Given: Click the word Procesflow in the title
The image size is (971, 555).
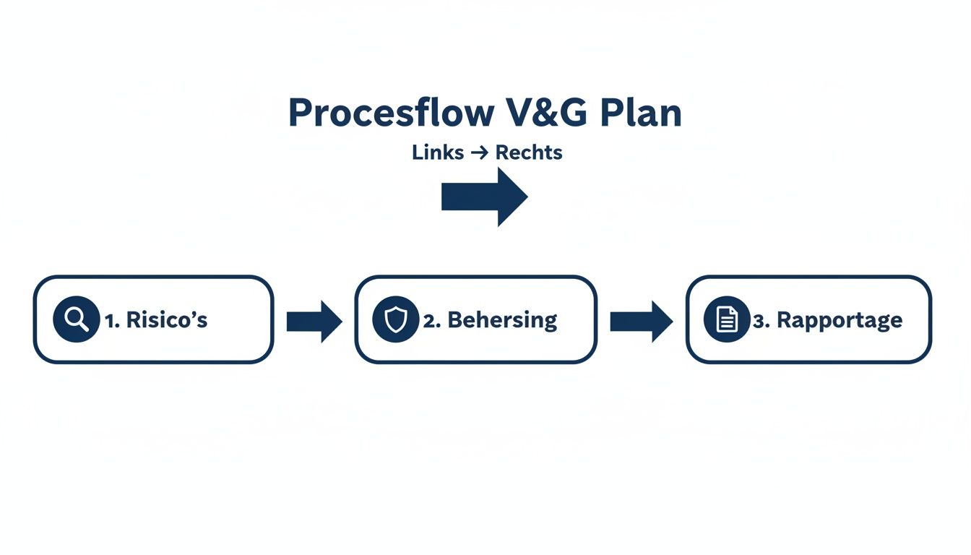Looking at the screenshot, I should pyautogui.click(x=391, y=113).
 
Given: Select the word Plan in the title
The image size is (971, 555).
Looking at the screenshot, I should pyautogui.click(x=641, y=113).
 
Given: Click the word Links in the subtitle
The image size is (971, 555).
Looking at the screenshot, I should pyautogui.click(x=438, y=153).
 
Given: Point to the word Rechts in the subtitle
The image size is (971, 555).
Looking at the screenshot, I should pyautogui.click(x=529, y=153).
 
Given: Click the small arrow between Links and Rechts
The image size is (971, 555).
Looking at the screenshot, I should pyautogui.click(x=480, y=153).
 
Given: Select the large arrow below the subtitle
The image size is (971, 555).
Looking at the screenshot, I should pyautogui.click(x=485, y=197).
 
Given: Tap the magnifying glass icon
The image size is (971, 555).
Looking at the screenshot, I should pyautogui.click(x=76, y=319).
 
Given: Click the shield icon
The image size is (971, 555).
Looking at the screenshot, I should pyautogui.click(x=395, y=319).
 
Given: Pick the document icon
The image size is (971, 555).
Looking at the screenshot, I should pyautogui.click(x=727, y=319).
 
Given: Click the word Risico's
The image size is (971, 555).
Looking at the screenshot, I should pyautogui.click(x=167, y=320).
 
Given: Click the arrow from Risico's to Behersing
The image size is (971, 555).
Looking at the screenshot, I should pyautogui.click(x=314, y=322).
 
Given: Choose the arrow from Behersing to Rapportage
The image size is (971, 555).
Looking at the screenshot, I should pyautogui.click(x=641, y=322).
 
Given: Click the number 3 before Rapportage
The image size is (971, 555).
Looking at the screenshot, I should pyautogui.click(x=759, y=321).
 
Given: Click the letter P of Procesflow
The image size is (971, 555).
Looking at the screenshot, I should pyautogui.click(x=299, y=113).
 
